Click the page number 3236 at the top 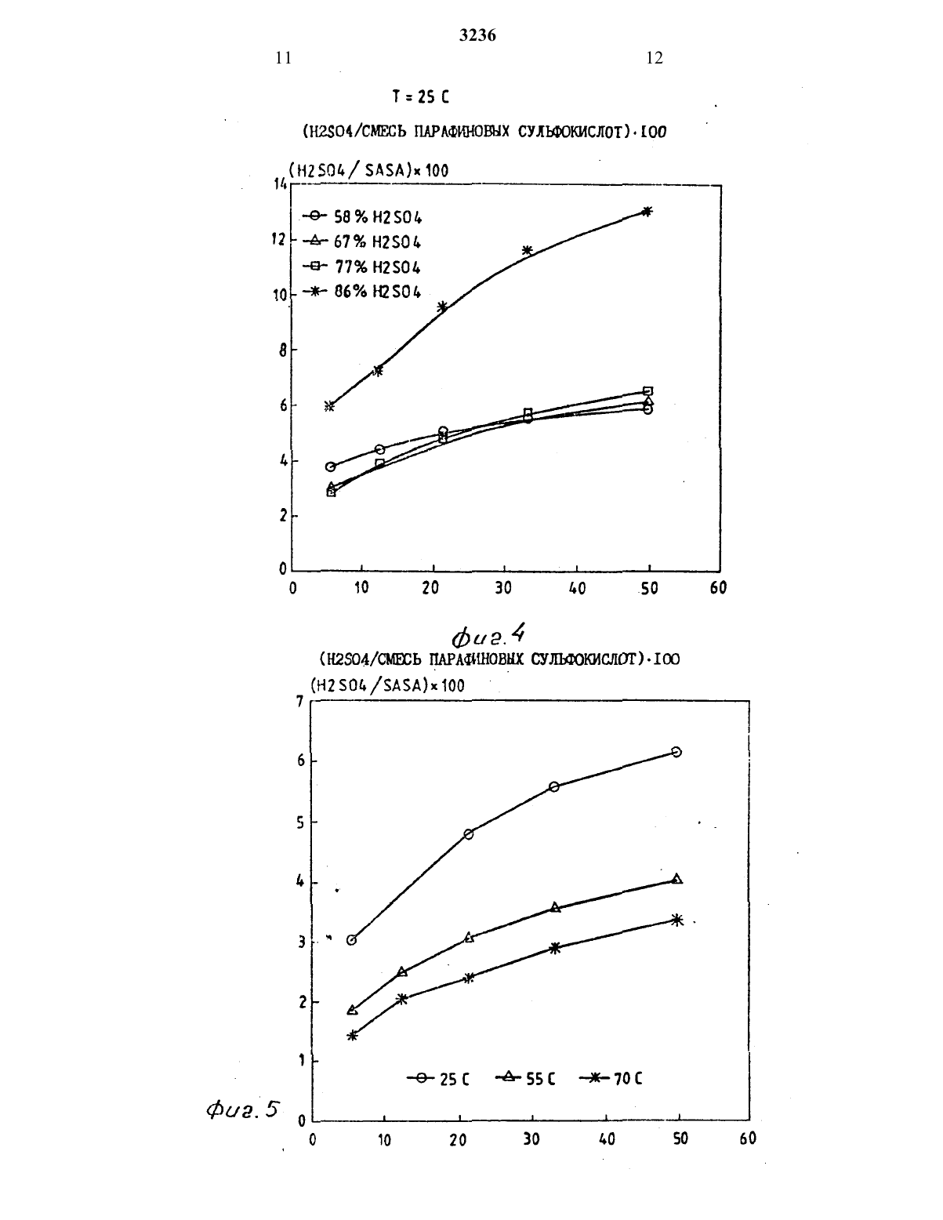click(477, 35)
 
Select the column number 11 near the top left click(284, 58)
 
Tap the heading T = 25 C click(420, 97)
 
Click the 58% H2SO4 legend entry click(362, 216)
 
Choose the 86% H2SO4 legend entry click(362, 292)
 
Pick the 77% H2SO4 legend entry click(362, 267)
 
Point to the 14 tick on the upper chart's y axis click(280, 183)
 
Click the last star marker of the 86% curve click(647, 211)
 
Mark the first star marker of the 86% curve click(329, 406)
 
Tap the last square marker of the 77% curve click(647, 390)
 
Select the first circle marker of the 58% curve click(331, 467)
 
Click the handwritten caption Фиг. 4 click(488, 635)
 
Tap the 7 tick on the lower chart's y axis click(299, 701)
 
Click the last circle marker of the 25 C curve click(676, 752)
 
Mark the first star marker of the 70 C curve click(352, 1035)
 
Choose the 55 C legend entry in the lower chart click(526, 1078)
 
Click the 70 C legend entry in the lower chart click(610, 1078)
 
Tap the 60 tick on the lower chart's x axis click(748, 1138)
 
